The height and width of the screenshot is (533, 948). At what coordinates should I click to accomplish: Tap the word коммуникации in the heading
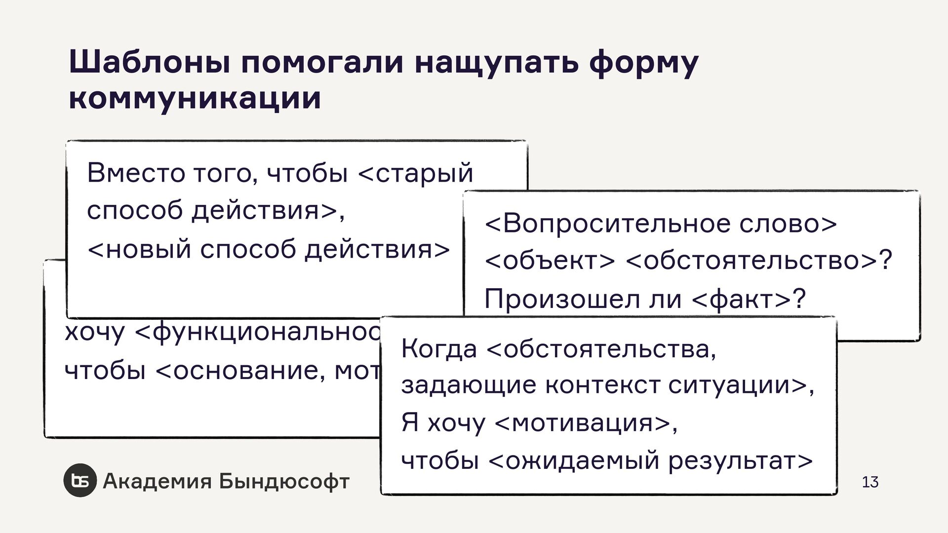point(195,99)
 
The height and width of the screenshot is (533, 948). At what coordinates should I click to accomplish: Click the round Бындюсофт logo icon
point(79,481)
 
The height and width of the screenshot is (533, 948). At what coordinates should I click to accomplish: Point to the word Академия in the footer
point(157,481)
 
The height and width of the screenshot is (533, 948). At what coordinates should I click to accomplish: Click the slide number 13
point(870,482)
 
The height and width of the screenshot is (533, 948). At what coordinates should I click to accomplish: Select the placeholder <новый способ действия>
point(269,249)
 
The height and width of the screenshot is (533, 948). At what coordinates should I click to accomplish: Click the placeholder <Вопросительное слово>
point(661,224)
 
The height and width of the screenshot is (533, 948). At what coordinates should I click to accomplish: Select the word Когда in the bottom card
point(439,349)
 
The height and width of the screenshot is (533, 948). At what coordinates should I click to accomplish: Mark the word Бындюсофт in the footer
point(284,481)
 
